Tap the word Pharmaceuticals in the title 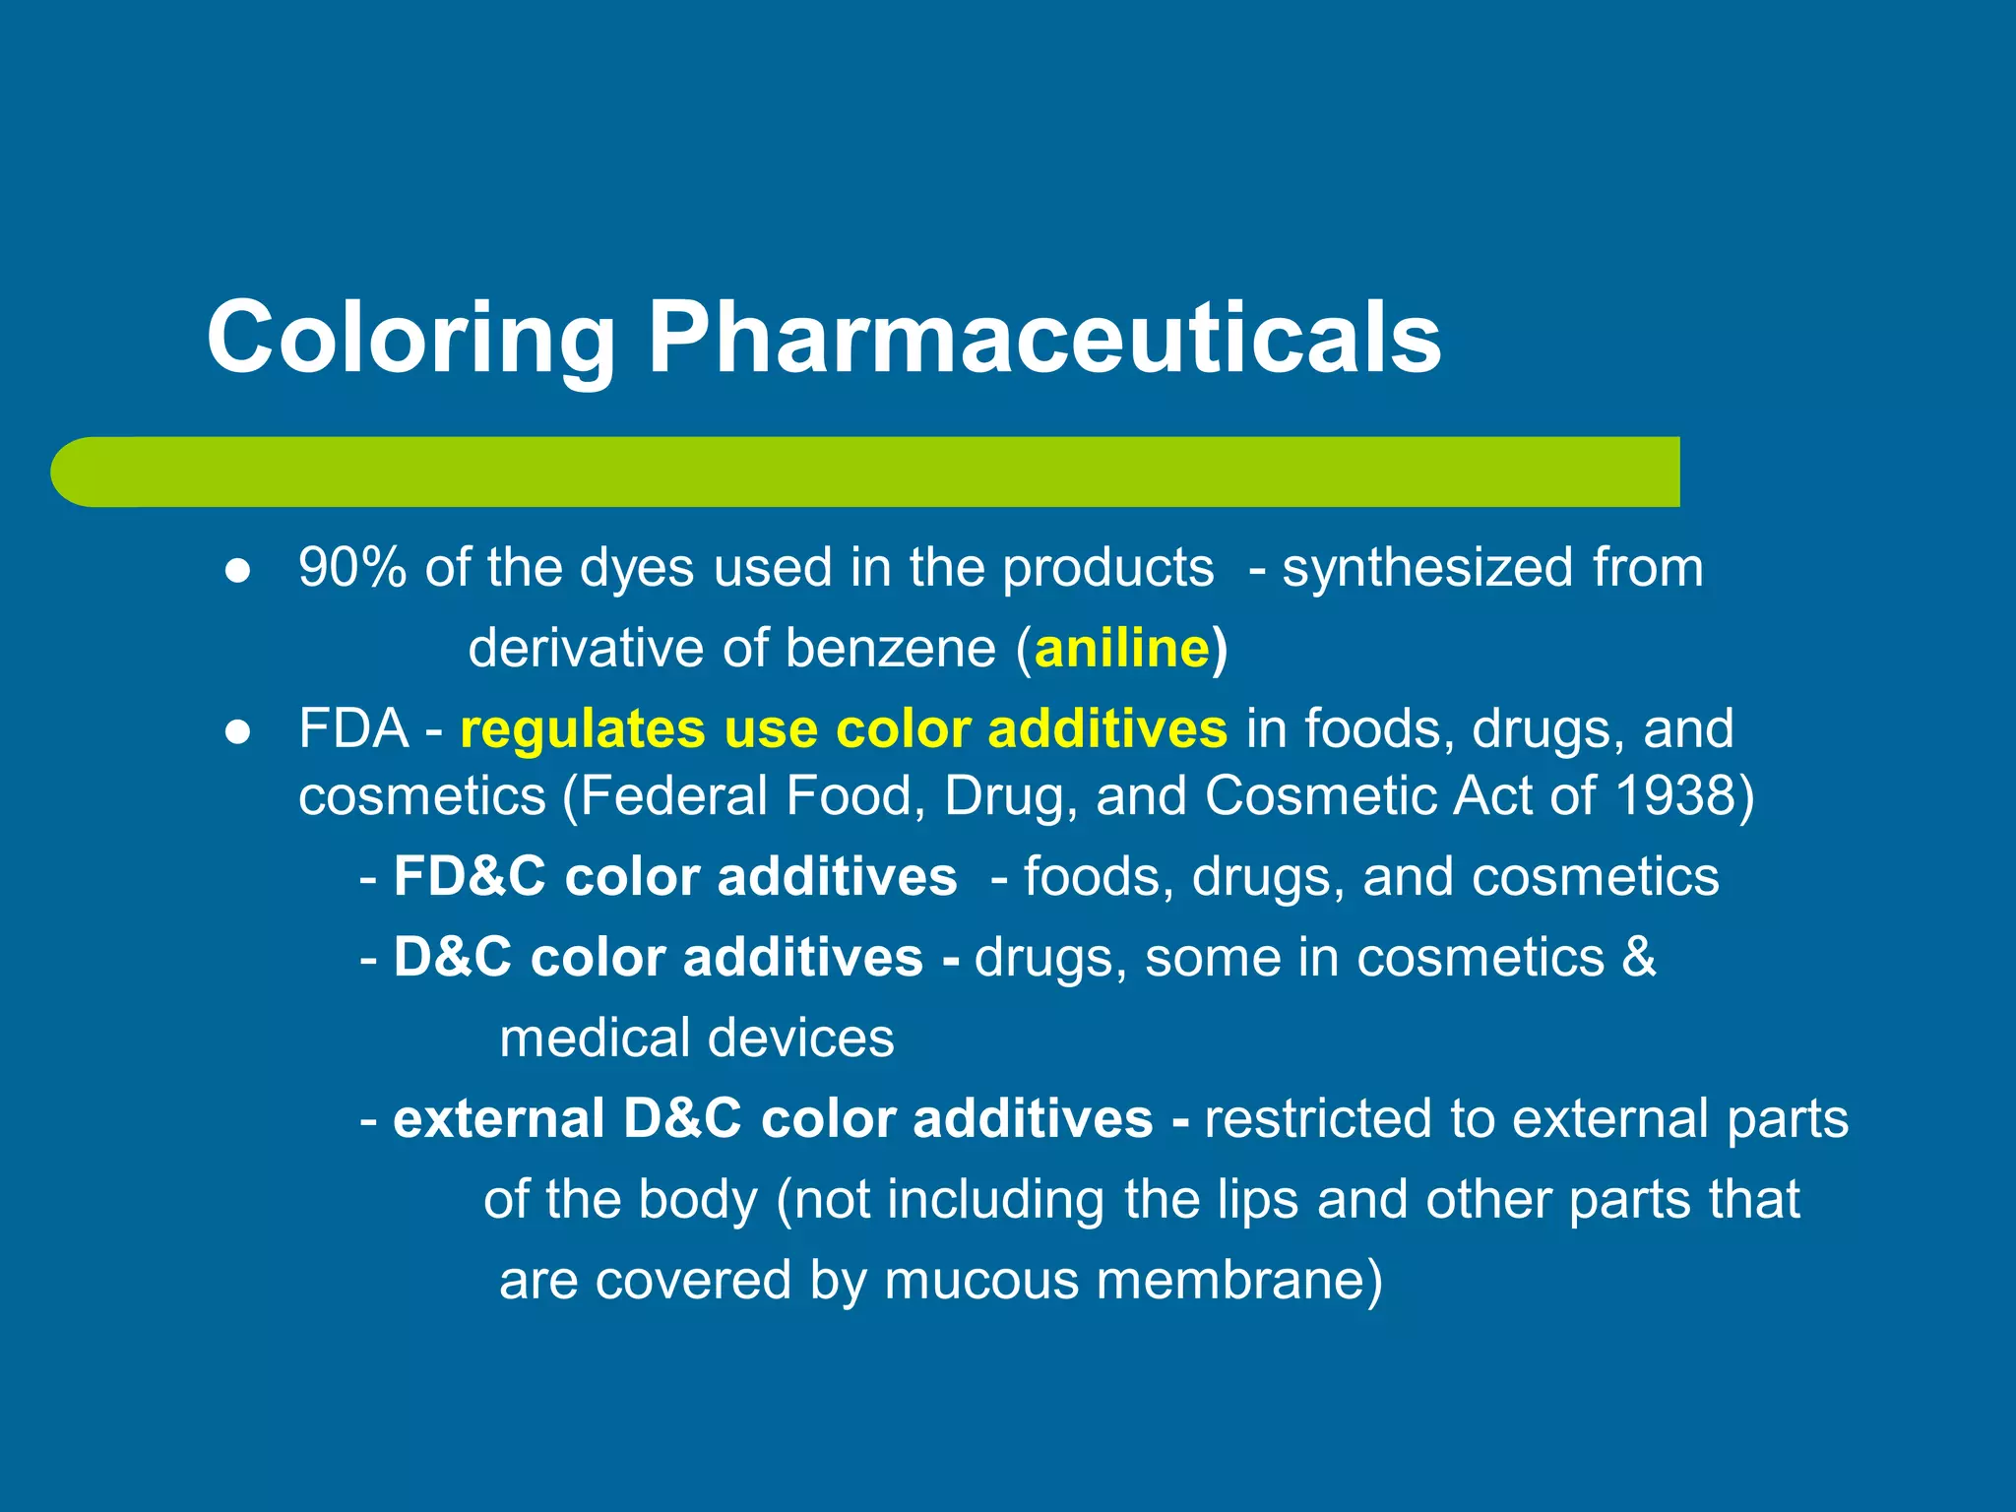pyautogui.click(x=1043, y=338)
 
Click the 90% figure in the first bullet pyautogui.click(x=352, y=568)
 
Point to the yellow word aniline pyautogui.click(x=1122, y=649)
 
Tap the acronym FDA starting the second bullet pyautogui.click(x=353, y=729)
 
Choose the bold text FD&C pyautogui.click(x=469, y=876)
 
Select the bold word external pyautogui.click(x=498, y=1119)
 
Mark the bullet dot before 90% pyautogui.click(x=237, y=571)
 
